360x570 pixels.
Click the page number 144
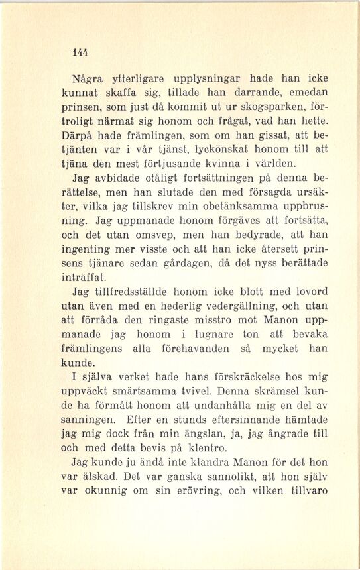coord(82,53)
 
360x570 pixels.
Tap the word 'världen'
coord(269,163)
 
